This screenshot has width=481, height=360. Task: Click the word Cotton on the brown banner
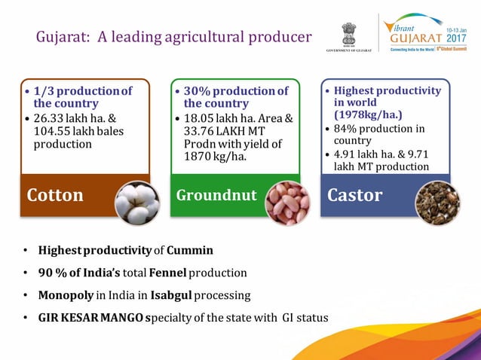(55, 196)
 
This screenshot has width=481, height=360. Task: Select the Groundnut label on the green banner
(216, 196)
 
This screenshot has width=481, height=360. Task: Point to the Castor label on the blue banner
(355, 196)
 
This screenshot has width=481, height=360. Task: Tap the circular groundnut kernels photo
(288, 204)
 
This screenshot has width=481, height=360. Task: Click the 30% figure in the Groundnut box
(198, 91)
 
